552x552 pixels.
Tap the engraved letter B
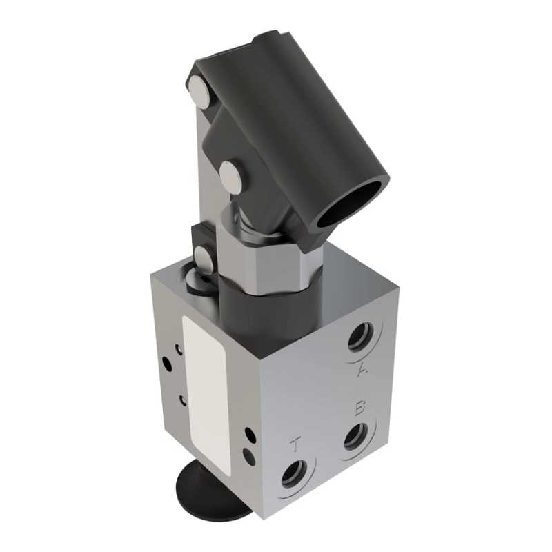point(359,408)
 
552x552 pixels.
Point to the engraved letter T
point(297,444)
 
